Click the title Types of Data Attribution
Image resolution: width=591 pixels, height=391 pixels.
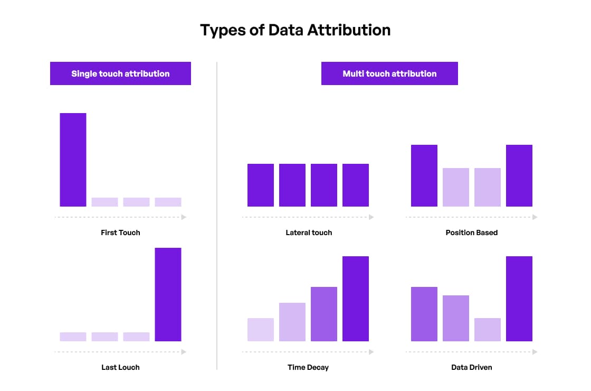[295, 30]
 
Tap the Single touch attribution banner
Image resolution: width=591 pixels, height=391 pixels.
[120, 73]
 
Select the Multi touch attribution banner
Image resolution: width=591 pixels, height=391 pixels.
[389, 73]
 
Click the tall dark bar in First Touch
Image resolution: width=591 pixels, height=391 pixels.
[73, 160]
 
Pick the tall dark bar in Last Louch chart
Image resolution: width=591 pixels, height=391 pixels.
[168, 294]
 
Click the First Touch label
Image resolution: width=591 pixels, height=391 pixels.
[120, 232]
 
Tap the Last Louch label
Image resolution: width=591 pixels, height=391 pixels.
[120, 367]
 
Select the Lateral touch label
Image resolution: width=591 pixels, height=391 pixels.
[309, 232]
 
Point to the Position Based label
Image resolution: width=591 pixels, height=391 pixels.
[471, 232]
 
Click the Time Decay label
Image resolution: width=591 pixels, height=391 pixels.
[308, 367]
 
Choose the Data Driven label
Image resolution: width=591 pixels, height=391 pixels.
[471, 367]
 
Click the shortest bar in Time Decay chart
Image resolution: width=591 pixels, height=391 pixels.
[261, 330]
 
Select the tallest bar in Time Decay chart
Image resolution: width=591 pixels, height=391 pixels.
[356, 299]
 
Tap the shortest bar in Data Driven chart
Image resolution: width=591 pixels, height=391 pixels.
[488, 330]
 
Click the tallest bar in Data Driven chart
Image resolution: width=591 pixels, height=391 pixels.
[519, 299]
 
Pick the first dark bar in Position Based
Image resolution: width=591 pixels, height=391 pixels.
[424, 175]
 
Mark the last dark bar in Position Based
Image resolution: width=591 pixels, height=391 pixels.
[519, 175]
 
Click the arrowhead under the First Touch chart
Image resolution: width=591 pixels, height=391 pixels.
[184, 217]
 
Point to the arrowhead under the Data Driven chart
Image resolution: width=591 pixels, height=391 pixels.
[535, 352]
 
